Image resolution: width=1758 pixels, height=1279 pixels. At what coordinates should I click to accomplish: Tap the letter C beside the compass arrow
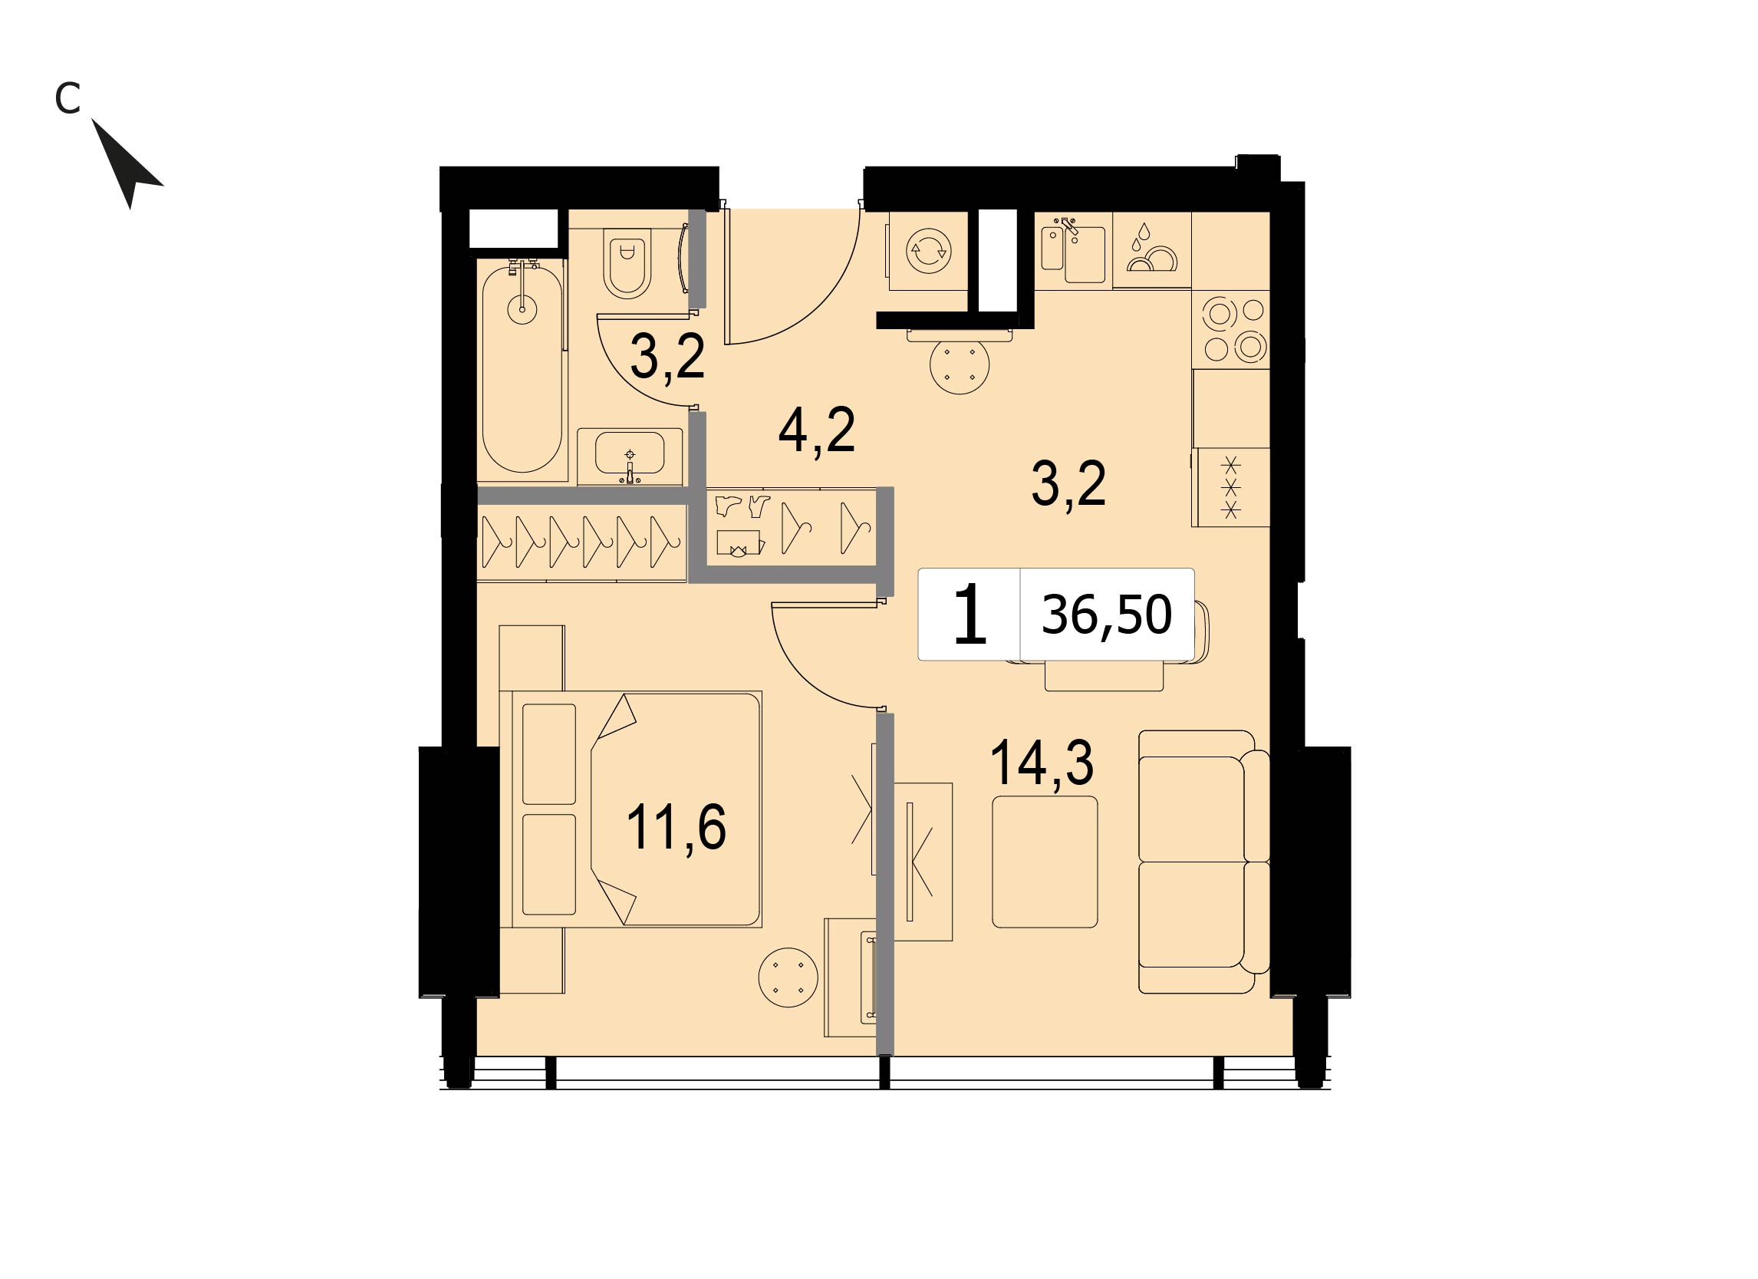pos(67,98)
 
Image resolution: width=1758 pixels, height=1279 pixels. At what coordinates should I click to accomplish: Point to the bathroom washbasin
pos(630,456)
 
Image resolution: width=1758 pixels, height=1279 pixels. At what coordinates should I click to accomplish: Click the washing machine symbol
pos(929,250)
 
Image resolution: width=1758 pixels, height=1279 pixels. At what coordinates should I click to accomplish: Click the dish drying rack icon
pos(1152,249)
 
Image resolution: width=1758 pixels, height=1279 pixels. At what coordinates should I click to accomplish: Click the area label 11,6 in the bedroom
pos(675,827)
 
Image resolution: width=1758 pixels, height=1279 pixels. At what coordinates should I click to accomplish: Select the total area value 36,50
pos(1106,615)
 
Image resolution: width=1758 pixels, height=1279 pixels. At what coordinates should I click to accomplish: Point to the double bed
pos(637,809)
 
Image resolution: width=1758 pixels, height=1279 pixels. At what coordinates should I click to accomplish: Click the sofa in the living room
pos(1203,861)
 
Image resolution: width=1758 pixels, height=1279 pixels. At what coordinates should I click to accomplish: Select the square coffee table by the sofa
pos(1045,861)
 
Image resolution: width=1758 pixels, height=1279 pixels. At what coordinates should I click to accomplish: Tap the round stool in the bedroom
pos(788,977)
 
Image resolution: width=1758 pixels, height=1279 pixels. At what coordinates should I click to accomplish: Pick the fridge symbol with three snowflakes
pos(1231,486)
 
